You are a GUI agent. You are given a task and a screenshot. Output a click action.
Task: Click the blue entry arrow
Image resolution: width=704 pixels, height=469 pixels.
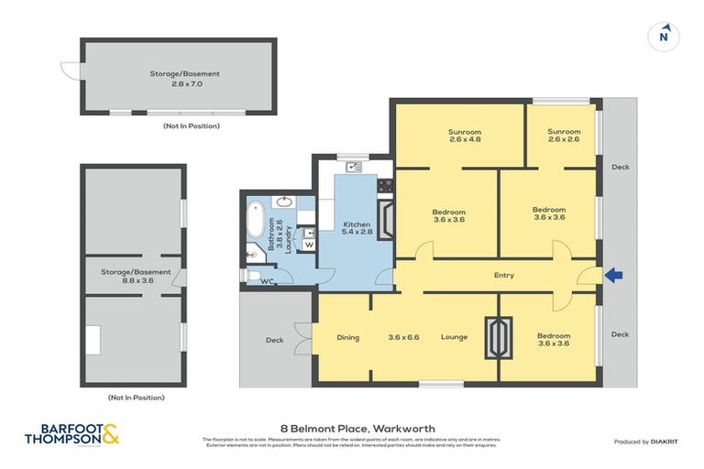coord(614,275)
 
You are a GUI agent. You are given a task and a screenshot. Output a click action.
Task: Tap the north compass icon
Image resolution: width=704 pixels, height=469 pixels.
coord(664,37)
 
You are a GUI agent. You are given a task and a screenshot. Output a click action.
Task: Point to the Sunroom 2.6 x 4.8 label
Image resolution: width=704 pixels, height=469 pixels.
coord(465,136)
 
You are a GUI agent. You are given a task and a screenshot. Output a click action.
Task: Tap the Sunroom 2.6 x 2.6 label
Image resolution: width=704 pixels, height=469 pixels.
coord(564,136)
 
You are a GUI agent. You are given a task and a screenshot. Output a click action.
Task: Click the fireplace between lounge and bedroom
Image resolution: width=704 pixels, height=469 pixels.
coord(499,336)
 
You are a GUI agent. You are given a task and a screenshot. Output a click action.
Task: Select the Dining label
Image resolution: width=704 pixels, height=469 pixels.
coord(347,337)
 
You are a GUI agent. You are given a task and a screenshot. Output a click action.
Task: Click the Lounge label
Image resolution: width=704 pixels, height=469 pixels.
coord(453,337)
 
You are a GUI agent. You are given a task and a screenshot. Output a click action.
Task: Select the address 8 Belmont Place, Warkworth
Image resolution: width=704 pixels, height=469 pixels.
coord(357,428)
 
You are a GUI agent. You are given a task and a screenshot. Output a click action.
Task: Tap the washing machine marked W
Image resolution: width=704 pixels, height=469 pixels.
coord(308,245)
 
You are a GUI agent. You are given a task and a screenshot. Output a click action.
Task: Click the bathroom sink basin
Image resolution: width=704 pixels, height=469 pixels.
coord(285,202)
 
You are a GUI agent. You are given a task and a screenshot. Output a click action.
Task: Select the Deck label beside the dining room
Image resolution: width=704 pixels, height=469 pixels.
coord(274,340)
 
